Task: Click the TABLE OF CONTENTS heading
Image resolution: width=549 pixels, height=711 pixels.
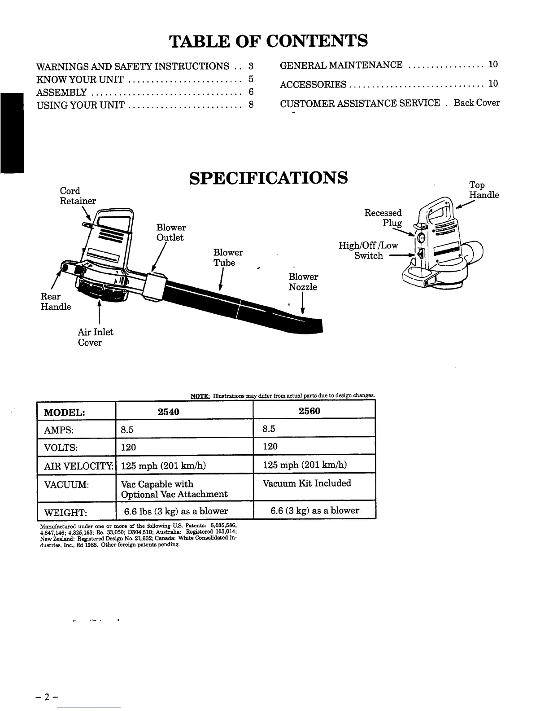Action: [268, 41]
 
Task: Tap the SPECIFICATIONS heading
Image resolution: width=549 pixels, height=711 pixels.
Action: [268, 178]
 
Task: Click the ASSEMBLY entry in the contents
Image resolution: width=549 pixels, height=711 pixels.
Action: [61, 93]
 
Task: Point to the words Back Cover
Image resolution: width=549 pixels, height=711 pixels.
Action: [476, 103]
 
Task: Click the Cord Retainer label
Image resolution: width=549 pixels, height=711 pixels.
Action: [78, 196]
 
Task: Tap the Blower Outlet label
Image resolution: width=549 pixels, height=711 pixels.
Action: [170, 233]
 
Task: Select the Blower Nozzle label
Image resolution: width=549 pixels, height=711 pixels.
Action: [303, 282]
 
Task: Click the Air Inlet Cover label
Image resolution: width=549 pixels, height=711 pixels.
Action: [95, 337]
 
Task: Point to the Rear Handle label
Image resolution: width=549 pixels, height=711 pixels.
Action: [56, 302]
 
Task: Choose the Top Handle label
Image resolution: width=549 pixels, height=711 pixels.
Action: [484, 190]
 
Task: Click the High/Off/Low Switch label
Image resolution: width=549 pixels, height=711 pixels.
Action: [368, 250]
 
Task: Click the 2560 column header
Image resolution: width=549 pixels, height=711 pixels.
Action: [309, 411]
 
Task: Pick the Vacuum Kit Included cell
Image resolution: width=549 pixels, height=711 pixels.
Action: [306, 483]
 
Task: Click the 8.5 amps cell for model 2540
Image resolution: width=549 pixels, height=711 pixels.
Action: [127, 430]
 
